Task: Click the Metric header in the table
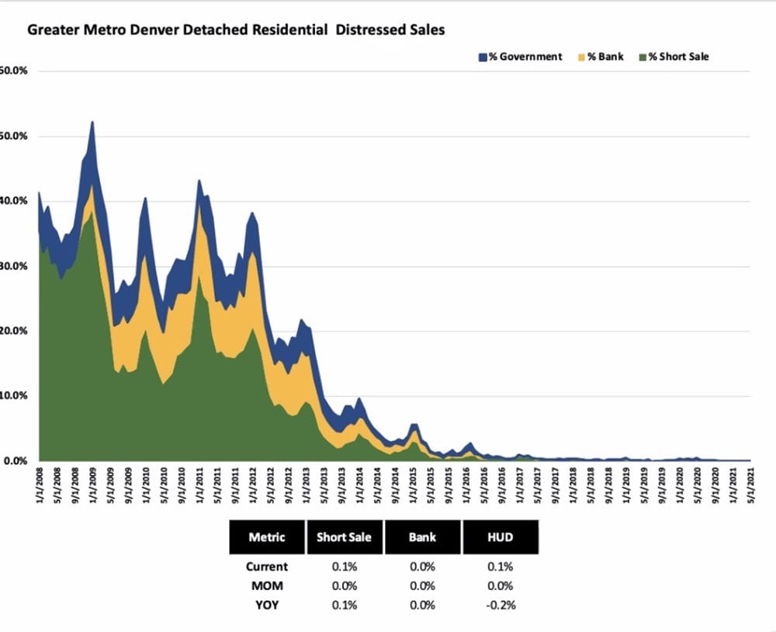(x=267, y=537)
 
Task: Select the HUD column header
(x=501, y=537)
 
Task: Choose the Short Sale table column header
(x=345, y=537)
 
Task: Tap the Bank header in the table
(x=423, y=537)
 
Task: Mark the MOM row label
(x=267, y=586)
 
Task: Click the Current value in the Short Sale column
(x=345, y=567)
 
